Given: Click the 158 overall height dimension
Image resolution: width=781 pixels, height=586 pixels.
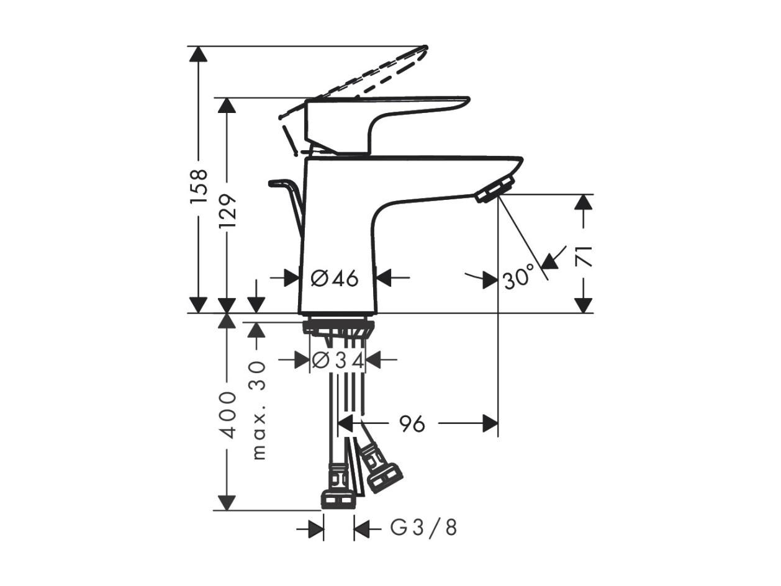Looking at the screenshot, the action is (199, 186).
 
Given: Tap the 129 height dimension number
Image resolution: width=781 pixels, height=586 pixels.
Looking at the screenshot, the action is (227, 212).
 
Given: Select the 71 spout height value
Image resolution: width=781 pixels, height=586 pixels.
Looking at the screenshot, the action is (584, 256).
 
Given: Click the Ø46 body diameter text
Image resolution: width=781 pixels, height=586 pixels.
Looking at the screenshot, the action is (335, 278).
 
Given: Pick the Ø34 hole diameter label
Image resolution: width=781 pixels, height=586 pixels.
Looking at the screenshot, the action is (338, 361).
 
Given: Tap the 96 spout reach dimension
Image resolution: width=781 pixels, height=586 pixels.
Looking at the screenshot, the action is (412, 424).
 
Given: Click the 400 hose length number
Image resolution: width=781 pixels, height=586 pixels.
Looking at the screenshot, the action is (227, 415).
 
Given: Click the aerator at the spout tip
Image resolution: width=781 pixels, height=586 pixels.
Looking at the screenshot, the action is (495, 190).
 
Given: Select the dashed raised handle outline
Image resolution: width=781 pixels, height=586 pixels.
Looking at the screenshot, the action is (356, 92).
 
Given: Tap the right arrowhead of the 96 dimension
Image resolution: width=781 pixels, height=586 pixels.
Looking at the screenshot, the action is (490, 423).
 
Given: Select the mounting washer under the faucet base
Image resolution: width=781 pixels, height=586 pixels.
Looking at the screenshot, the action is (338, 327).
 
